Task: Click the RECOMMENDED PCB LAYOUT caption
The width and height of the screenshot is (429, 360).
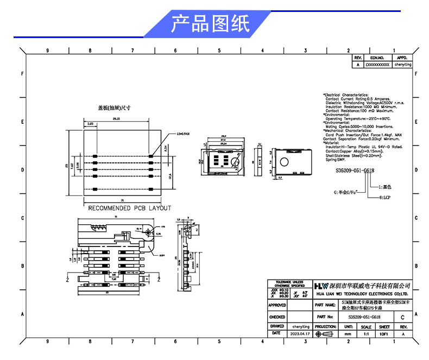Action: point(129,208)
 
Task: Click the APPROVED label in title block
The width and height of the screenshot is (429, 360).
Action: point(277,305)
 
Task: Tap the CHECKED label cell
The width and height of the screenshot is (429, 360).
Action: point(277,317)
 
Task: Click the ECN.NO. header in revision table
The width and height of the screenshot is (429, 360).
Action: point(377,57)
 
